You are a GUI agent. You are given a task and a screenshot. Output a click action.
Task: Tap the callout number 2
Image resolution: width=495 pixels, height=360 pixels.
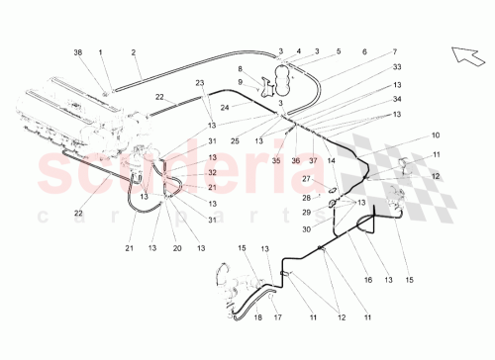(x=133, y=50)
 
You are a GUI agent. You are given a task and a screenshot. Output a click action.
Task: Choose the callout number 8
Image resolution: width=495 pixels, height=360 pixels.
(x=240, y=68)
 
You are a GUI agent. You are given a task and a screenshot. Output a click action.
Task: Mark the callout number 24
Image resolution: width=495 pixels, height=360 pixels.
(x=225, y=106)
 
